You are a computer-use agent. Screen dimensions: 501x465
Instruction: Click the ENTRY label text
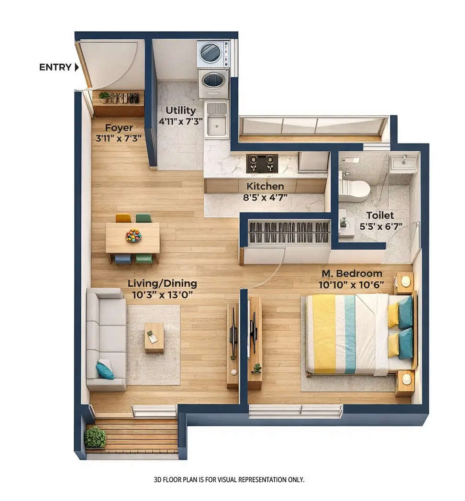pyautogui.click(x=55, y=67)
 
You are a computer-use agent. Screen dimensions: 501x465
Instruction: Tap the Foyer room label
pyautogui.click(x=119, y=128)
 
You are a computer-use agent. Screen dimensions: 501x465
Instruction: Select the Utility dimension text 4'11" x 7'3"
pyautogui.click(x=180, y=121)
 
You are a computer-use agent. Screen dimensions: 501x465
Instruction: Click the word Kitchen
pyautogui.click(x=265, y=186)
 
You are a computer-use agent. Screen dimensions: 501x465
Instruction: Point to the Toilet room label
pyautogui.click(x=380, y=215)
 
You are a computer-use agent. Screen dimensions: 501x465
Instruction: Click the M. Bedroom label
pyautogui.click(x=352, y=274)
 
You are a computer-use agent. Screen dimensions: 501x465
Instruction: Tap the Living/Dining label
pyautogui.click(x=162, y=283)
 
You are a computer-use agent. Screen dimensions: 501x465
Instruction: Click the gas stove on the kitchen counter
pyautogui.click(x=262, y=163)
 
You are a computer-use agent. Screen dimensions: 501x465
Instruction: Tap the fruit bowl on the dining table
pyautogui.click(x=133, y=235)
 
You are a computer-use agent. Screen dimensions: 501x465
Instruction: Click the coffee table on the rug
pyautogui.click(x=154, y=337)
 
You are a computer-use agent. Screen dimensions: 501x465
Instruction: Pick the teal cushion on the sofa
pyautogui.click(x=104, y=369)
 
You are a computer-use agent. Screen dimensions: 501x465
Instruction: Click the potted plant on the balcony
pyautogui.click(x=95, y=437)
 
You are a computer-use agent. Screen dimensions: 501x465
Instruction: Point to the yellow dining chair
pyautogui.click(x=123, y=218)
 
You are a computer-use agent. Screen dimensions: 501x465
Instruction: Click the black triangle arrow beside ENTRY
pyautogui.click(x=77, y=67)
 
